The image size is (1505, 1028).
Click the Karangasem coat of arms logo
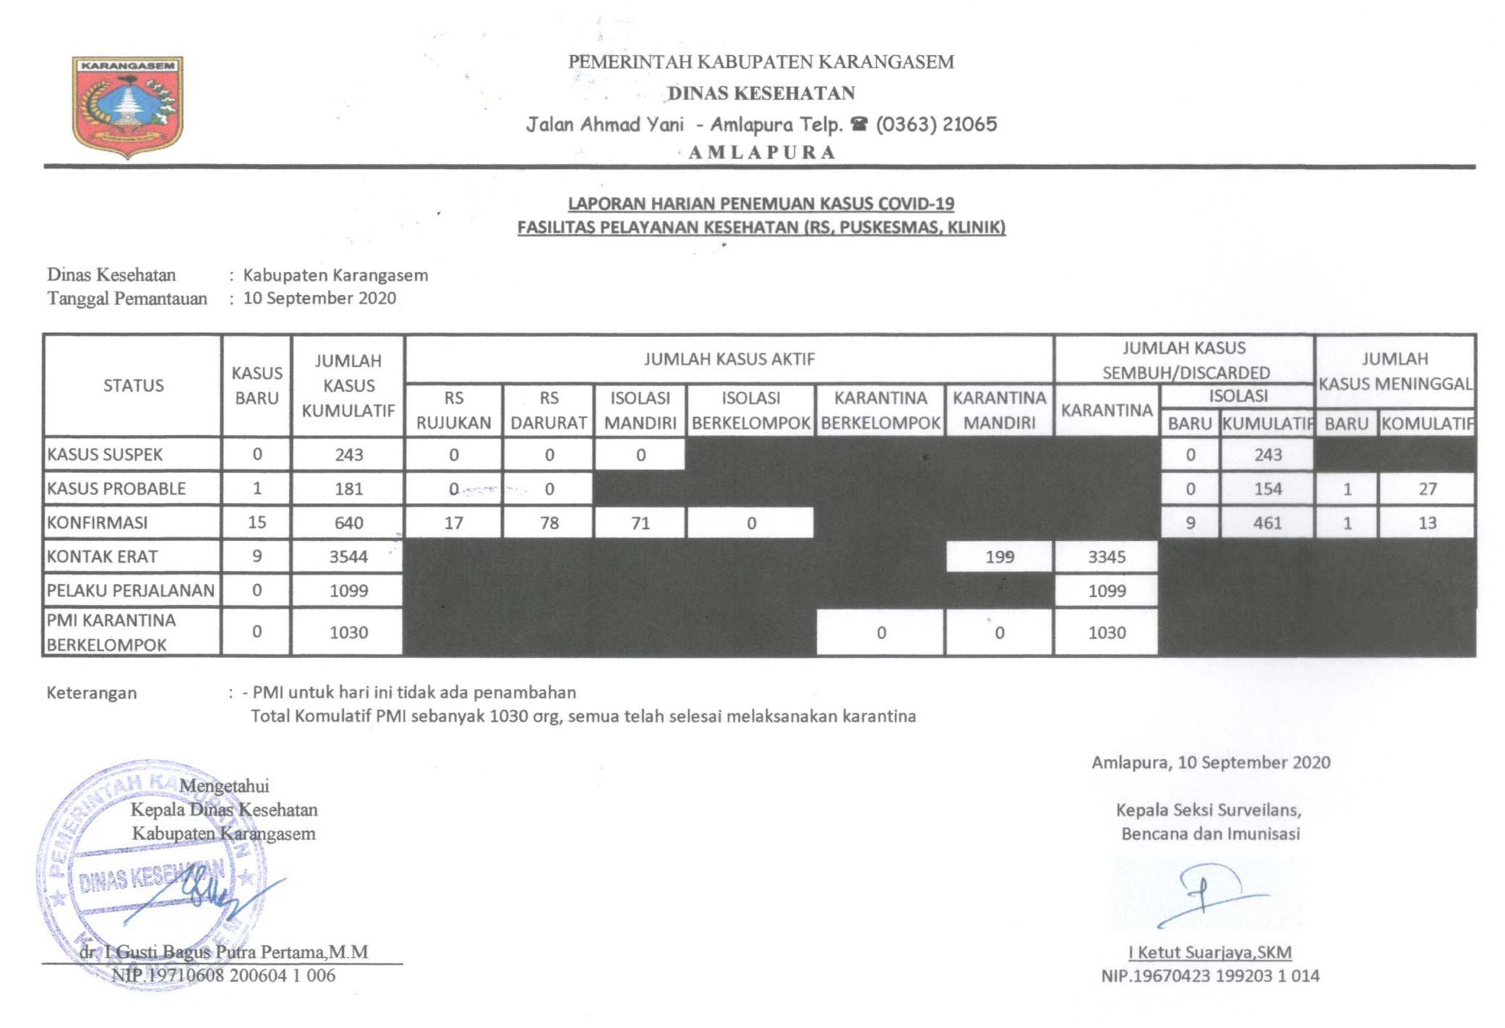127,106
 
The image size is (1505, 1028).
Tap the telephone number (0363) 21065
936,124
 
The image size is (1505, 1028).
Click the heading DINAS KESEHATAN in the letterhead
761,93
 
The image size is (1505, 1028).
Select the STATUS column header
133,385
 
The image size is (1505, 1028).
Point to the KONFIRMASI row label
97,523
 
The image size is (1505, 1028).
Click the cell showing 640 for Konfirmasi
348,523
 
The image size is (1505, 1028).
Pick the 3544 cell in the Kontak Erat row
348,557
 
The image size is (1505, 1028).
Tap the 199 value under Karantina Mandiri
999,557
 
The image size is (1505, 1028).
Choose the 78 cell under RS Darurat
549,523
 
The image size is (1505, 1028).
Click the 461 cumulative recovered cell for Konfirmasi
1267,523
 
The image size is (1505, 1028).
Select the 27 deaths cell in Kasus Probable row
1427,489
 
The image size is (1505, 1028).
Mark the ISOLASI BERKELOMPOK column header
751,410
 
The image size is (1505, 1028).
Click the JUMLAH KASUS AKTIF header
729,359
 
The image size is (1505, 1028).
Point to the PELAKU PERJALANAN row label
130,591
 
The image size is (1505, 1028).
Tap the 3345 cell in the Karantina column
1107,557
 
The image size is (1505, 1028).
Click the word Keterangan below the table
92,693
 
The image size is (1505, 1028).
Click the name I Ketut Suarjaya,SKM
1210,952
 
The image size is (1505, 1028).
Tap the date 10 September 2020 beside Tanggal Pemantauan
320,298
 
